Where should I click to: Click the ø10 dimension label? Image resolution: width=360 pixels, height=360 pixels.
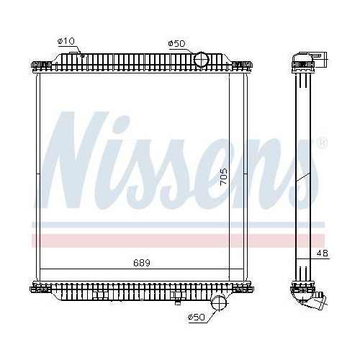(67, 42)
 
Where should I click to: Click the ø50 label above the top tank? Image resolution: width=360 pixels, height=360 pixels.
(176, 43)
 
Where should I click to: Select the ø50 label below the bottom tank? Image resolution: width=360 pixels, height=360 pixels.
(197, 317)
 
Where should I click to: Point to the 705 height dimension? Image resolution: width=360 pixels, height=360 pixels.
(224, 176)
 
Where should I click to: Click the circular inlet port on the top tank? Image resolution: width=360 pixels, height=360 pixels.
(201, 58)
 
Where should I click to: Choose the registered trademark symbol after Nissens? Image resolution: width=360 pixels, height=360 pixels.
(321, 143)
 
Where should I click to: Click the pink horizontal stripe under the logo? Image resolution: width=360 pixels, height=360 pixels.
(144, 239)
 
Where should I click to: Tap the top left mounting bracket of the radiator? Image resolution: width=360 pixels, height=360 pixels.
(39, 66)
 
